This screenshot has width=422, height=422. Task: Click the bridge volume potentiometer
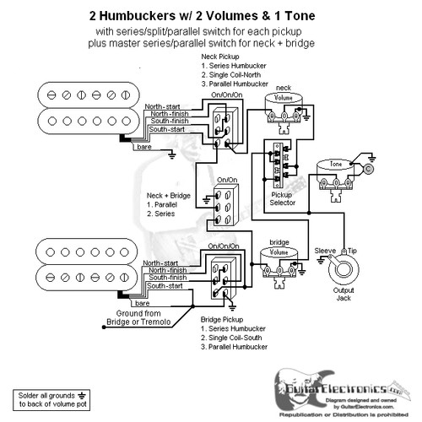coord(278,257)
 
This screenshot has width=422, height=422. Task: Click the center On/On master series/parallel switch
coord(227,208)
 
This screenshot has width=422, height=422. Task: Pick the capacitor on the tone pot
coord(369,168)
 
